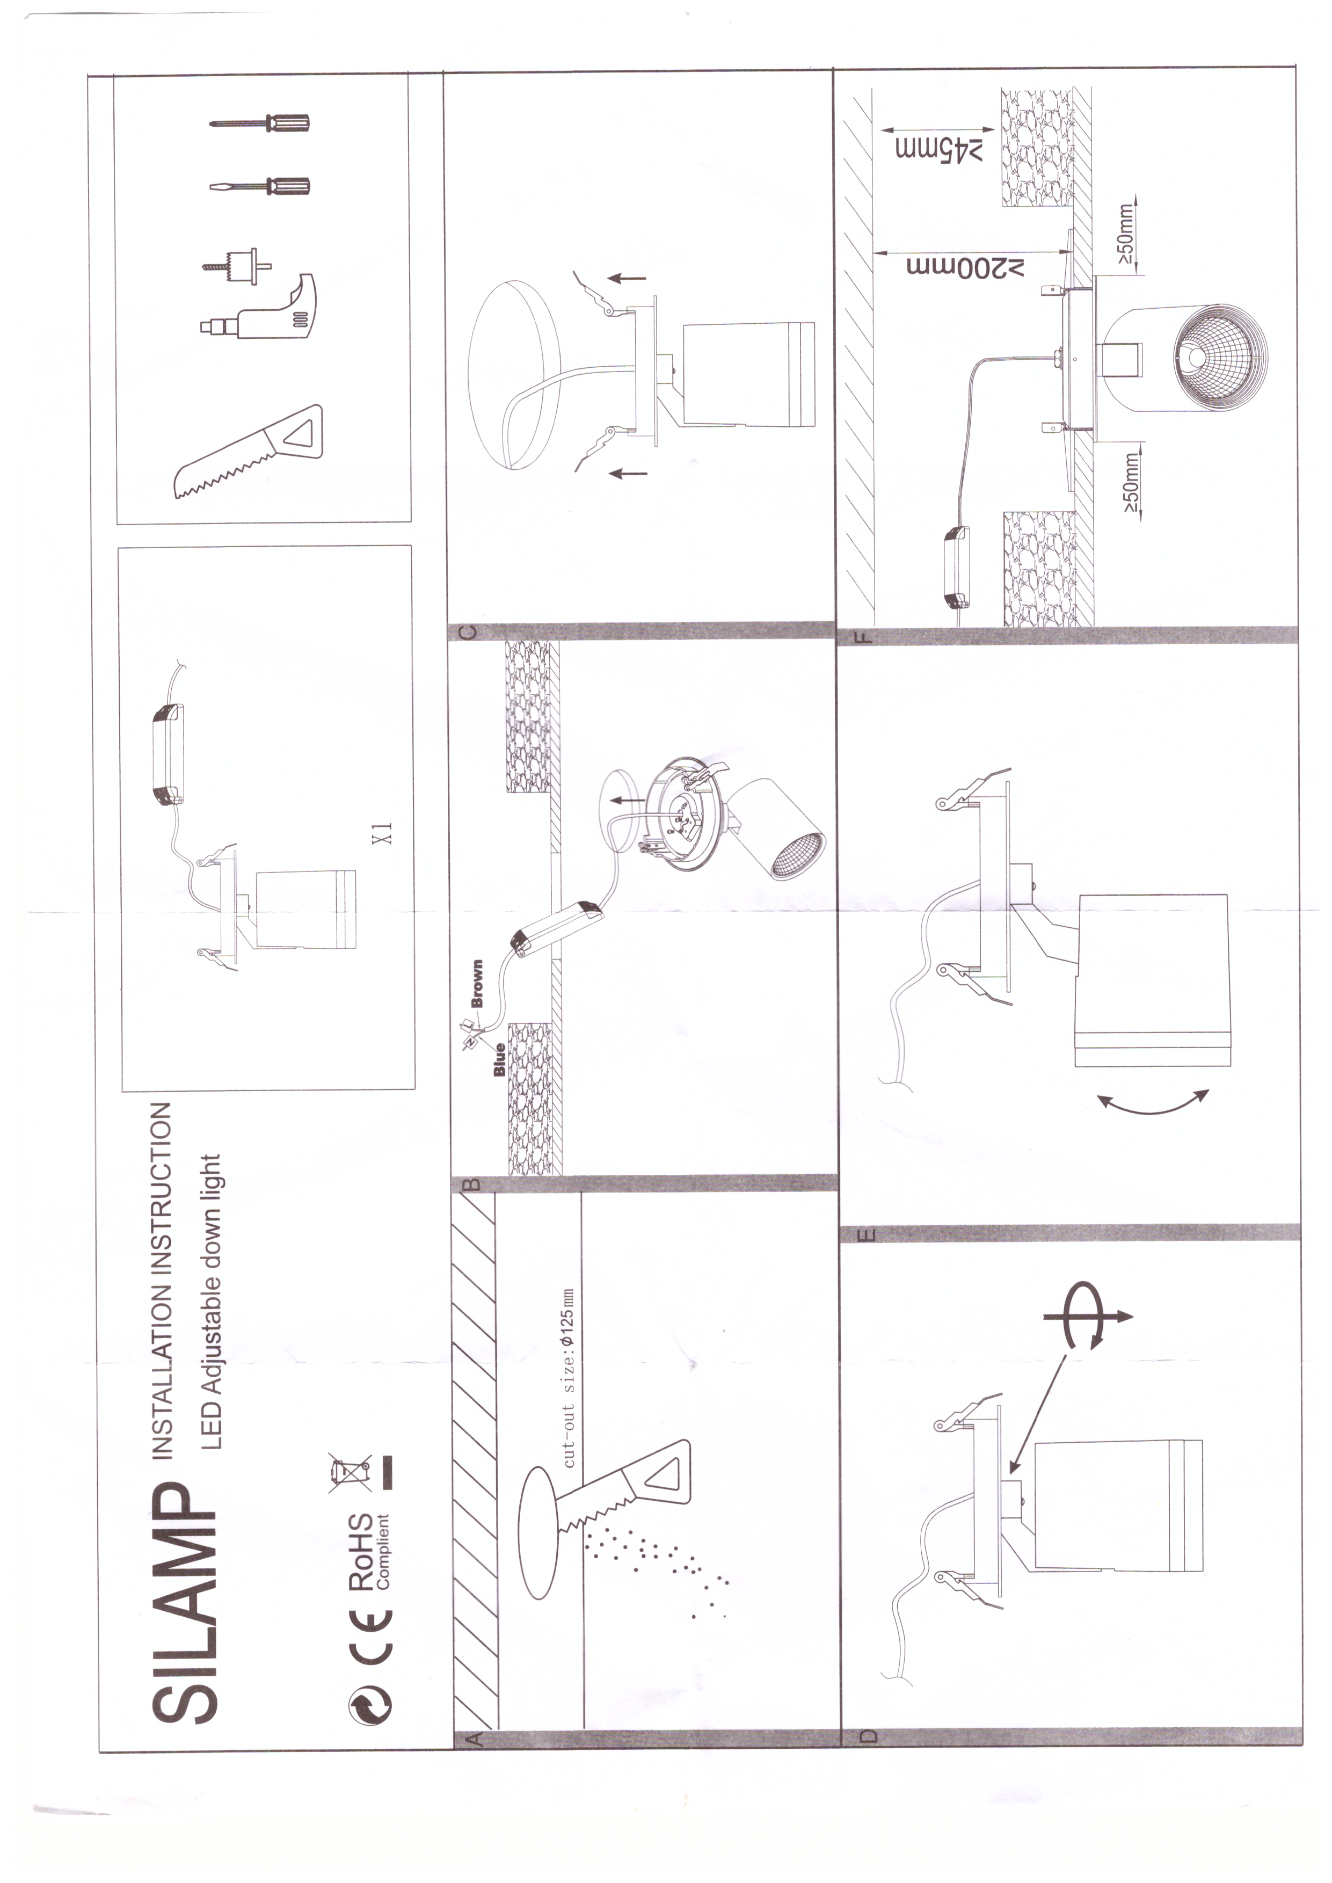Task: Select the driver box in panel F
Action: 956,568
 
